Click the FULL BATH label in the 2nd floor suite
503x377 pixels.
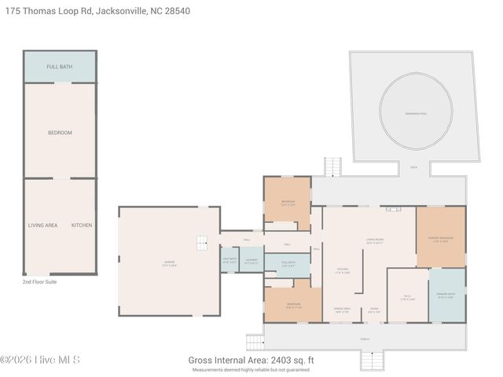[x=60, y=67]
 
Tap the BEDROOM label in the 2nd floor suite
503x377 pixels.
[x=60, y=133]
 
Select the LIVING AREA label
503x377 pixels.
[x=42, y=225]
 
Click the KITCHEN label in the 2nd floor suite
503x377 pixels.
[x=82, y=225]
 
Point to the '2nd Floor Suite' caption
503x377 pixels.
[x=40, y=281]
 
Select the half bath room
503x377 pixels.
[x=229, y=261]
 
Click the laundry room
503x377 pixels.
[x=251, y=261]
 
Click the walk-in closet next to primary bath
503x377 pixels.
[x=407, y=297]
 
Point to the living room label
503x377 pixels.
[x=373, y=241]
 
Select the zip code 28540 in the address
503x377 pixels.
[x=174, y=11]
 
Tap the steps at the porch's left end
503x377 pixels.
[x=255, y=342]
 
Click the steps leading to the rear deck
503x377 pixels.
[x=333, y=167]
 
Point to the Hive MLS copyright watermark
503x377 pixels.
[x=40, y=361]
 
